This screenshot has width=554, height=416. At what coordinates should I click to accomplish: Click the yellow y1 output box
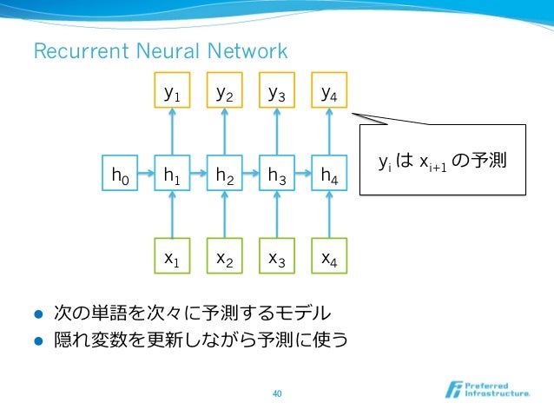point(172,91)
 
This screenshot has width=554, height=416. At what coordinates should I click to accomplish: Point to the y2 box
point(224,91)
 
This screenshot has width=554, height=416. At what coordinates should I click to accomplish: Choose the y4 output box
point(329,91)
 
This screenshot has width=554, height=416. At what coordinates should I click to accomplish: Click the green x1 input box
point(172,256)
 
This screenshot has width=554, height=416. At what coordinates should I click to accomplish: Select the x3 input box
point(277,256)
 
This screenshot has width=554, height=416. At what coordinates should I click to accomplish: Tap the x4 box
point(329,256)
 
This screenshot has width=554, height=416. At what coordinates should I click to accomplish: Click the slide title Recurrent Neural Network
point(160,52)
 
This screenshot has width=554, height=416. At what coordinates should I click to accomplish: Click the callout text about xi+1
point(443,162)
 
